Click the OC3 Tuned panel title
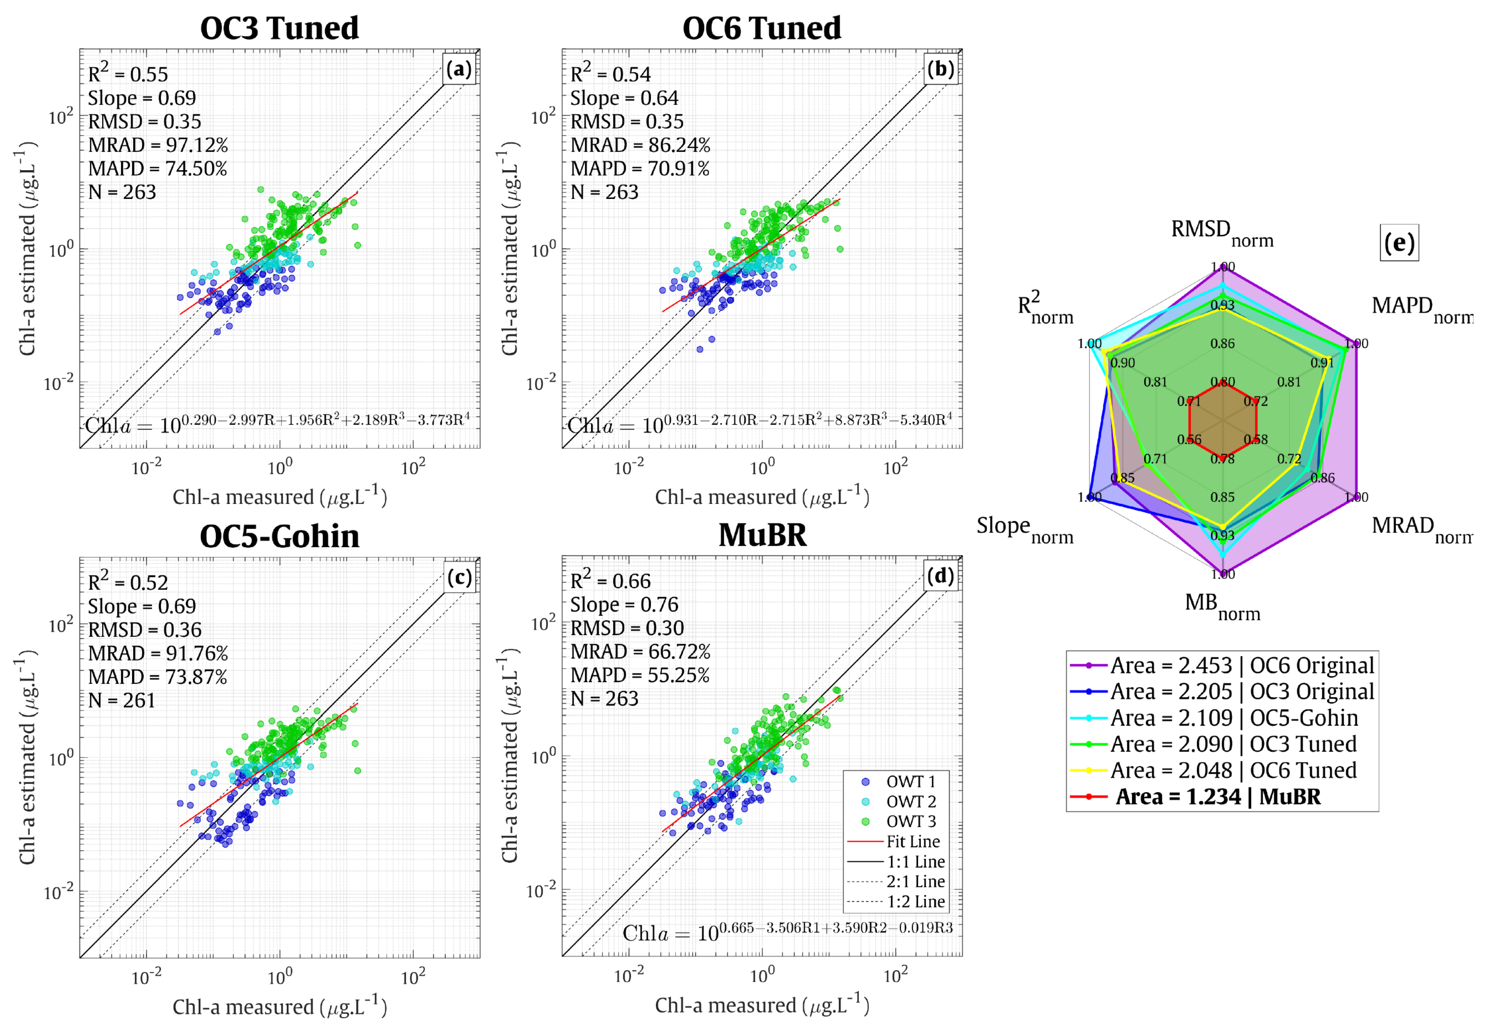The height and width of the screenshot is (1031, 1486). point(279,28)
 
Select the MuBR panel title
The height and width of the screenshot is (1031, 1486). point(762,536)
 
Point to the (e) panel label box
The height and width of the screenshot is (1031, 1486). point(1399,243)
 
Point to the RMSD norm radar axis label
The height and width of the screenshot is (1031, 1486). point(1222,232)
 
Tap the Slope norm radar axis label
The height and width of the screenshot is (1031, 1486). point(1024,529)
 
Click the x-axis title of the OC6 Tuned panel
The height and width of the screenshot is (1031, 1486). point(761,497)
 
